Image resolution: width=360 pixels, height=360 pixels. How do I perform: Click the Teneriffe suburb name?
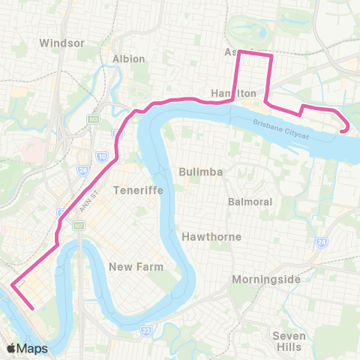(x=133, y=190)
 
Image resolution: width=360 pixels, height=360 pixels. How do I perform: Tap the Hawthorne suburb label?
(x=211, y=237)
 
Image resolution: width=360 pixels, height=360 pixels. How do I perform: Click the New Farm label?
(x=130, y=267)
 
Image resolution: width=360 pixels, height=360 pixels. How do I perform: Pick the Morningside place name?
(x=266, y=280)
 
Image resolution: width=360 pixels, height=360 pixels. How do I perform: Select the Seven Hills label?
(x=289, y=341)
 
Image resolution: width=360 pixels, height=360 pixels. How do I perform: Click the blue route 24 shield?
(x=321, y=241)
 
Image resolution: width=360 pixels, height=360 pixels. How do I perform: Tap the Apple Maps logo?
(x=27, y=348)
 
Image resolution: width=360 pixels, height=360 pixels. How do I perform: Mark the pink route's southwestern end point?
(x=33, y=307)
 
